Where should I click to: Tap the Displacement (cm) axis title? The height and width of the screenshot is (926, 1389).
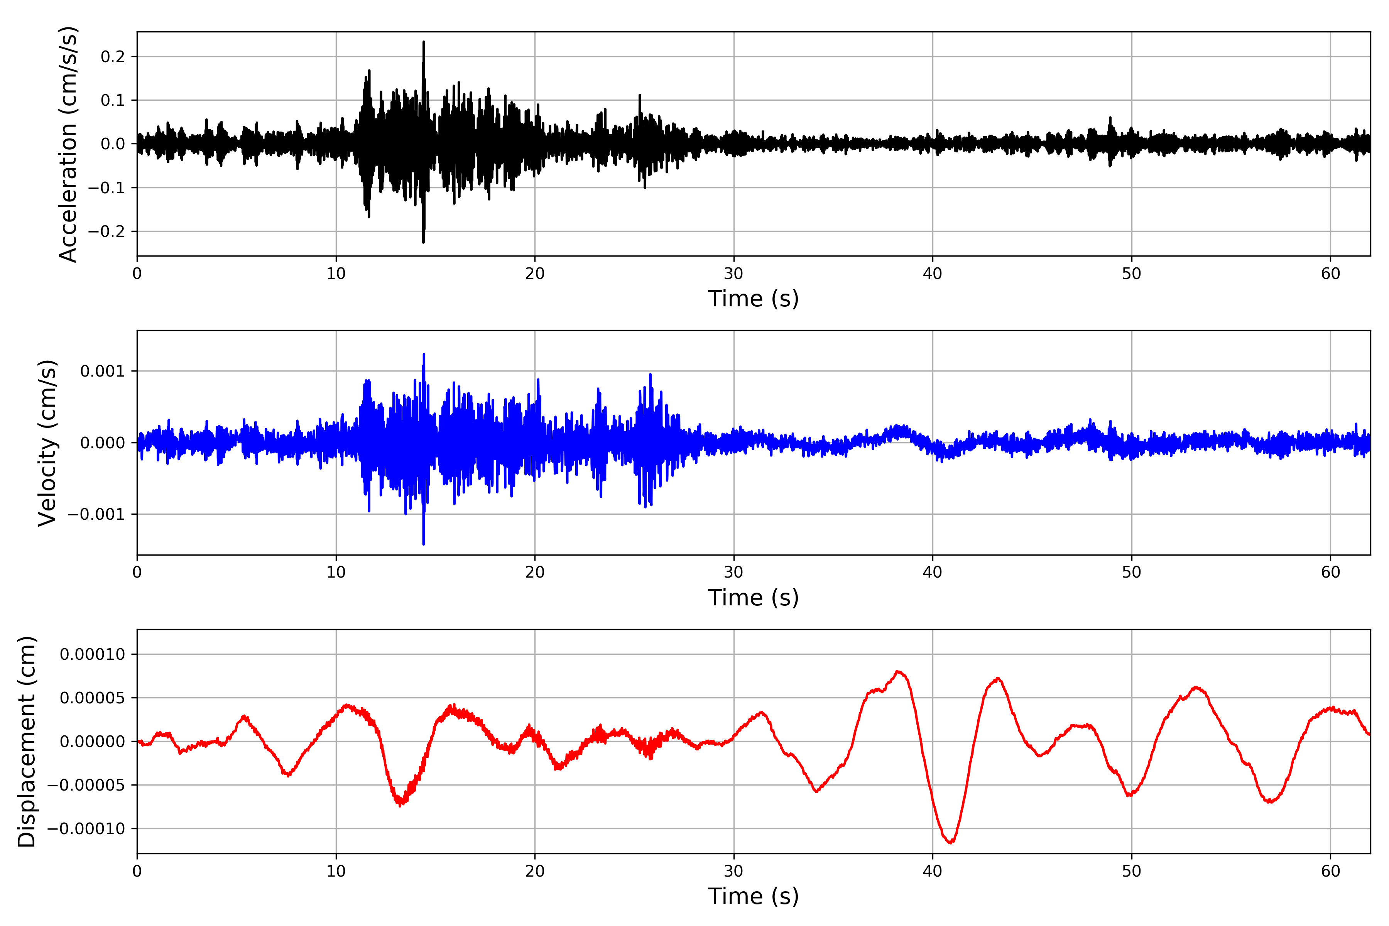coord(27,741)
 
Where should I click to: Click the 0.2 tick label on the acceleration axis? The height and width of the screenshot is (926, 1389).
coord(113,57)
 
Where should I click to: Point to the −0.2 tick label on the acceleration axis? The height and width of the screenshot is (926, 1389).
coord(106,231)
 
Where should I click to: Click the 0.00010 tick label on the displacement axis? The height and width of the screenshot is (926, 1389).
coord(92,654)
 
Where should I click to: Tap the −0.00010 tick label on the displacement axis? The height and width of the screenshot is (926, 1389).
coord(86,828)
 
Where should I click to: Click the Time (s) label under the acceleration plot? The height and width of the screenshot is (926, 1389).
coord(753,299)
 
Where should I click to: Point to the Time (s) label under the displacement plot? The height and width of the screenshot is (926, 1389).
coord(753,896)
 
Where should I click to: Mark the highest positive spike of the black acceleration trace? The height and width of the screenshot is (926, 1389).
coord(423,42)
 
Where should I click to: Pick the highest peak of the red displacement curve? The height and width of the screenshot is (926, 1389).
coord(898,671)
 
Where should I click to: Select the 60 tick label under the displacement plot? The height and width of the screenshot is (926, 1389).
coord(1330,871)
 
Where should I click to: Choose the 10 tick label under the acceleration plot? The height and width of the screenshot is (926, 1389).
coord(336,274)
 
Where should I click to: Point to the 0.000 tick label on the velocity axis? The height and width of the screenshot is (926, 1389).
coord(102,443)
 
